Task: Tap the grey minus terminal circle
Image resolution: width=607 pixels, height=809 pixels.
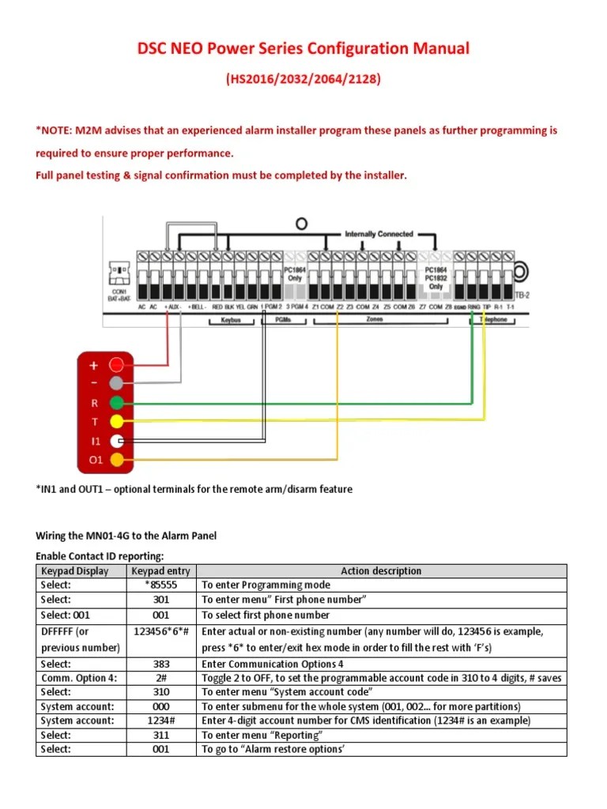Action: pos(117,384)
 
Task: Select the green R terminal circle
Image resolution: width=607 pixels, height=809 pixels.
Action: pos(117,403)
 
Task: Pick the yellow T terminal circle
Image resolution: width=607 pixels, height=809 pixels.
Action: pos(117,422)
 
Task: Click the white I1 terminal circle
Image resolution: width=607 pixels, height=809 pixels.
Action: pos(117,441)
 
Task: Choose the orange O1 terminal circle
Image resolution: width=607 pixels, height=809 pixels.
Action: pos(117,460)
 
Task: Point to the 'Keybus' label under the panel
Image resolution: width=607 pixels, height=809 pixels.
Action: pos(229,322)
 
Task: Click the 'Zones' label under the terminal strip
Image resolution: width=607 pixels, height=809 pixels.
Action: pos(374,320)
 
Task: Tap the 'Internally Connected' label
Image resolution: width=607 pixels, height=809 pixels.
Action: pos(379,234)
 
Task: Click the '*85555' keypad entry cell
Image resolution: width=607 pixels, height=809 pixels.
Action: pos(161,585)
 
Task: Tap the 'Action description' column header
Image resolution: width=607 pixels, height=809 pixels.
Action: pos(381,571)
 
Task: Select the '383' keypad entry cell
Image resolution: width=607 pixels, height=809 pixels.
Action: pos(161,664)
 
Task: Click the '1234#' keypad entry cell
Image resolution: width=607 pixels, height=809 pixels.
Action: pos(161,721)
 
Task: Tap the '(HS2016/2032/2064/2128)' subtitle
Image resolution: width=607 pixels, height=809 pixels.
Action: pos(303,80)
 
